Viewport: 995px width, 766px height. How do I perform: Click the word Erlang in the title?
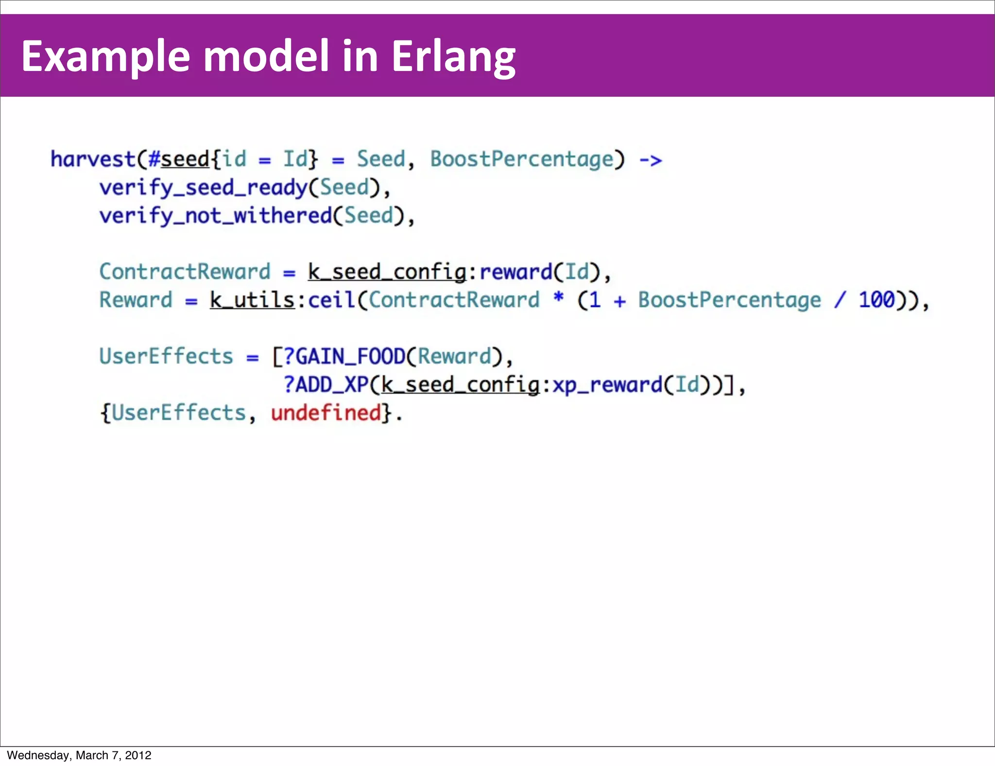(x=453, y=57)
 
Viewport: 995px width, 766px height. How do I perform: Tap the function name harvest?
(x=93, y=159)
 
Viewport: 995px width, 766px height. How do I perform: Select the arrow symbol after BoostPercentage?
(x=650, y=160)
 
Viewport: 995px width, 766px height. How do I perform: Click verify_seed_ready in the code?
(x=203, y=188)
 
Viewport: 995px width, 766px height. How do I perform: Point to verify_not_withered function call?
(x=215, y=216)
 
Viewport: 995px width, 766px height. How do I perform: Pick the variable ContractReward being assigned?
(x=185, y=272)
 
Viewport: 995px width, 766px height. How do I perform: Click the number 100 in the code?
(x=876, y=300)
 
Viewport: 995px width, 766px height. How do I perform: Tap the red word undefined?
(x=326, y=413)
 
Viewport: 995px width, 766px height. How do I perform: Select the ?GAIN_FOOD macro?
(x=344, y=357)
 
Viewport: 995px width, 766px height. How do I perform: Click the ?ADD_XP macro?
(x=326, y=385)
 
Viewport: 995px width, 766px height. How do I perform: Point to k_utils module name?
(x=252, y=300)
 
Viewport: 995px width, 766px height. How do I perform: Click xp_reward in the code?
(x=607, y=385)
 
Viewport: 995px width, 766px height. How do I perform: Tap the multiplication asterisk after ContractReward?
(x=559, y=297)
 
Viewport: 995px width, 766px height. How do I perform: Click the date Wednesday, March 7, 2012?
(x=79, y=755)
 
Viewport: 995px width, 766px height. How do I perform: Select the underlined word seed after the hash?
(x=185, y=159)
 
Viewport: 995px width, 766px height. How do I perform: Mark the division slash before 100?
(x=840, y=300)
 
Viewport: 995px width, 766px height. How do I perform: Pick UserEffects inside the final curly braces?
(x=179, y=413)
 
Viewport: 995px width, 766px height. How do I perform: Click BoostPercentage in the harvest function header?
(x=522, y=159)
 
